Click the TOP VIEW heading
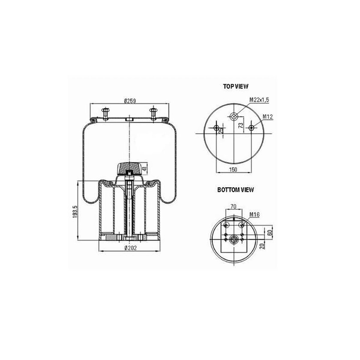pos(236,86)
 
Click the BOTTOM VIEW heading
pos(236,190)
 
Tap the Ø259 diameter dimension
pos(130,101)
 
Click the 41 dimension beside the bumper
pos(144,168)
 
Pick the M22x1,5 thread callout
pos(259,99)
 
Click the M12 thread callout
pos(268,117)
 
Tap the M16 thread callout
pos(255,215)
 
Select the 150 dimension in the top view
pos(233,169)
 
